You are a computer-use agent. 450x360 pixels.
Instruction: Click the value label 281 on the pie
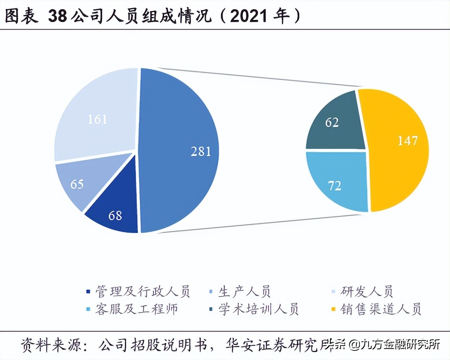(x=201, y=151)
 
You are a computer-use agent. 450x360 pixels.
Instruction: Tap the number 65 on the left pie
(x=77, y=184)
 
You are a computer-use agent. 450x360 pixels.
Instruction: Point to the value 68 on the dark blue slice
(x=115, y=215)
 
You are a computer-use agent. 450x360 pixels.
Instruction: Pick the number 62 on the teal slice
(x=332, y=123)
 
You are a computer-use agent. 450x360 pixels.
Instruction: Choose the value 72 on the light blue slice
(x=335, y=186)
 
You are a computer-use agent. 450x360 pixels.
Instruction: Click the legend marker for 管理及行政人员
(x=89, y=292)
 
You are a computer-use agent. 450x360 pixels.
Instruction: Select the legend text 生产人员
(x=244, y=292)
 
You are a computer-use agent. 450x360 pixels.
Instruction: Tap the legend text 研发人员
(x=367, y=292)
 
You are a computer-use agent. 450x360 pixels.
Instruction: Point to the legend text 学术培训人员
(x=258, y=309)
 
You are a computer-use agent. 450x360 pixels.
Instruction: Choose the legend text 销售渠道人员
(x=380, y=309)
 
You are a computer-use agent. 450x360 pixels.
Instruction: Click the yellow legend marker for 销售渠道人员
(x=333, y=309)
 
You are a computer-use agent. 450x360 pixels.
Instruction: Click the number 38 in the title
(x=58, y=16)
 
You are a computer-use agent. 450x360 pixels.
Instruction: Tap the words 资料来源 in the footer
(x=48, y=345)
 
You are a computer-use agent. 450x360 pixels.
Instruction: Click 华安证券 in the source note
(x=259, y=345)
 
